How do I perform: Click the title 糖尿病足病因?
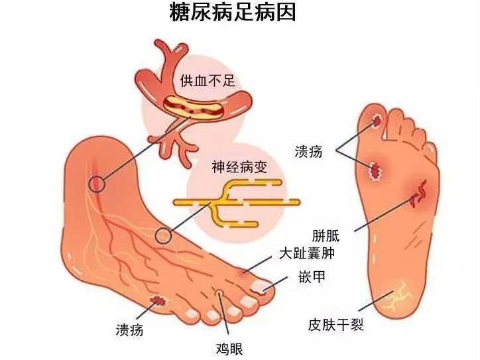coord(233,13)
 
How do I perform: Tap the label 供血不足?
coord(208,80)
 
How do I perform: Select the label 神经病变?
coord(239,167)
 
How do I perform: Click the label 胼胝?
coord(326,236)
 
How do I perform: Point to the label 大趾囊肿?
coord(307,253)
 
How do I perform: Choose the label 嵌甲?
coord(312,276)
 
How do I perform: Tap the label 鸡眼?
coord(229,349)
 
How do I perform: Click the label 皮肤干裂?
coord(336,324)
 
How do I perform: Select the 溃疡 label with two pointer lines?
coord(308,152)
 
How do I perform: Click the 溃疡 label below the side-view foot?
coord(129,330)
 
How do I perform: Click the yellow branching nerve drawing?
coord(237,203)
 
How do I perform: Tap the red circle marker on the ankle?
coord(97,184)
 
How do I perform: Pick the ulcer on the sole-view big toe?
coord(377,120)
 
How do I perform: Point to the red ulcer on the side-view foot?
coord(158,300)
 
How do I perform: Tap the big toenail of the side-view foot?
coord(259,286)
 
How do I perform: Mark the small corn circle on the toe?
coord(219,292)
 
